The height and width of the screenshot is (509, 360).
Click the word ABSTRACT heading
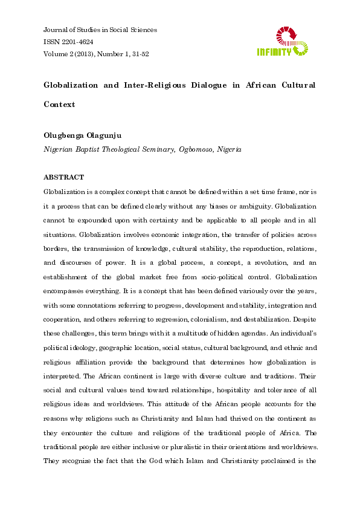tap(64, 178)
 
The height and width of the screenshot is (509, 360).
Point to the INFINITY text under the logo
tap(274, 52)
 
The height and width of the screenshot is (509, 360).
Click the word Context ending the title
tap(59, 104)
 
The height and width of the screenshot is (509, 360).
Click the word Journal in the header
tap(56, 30)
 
